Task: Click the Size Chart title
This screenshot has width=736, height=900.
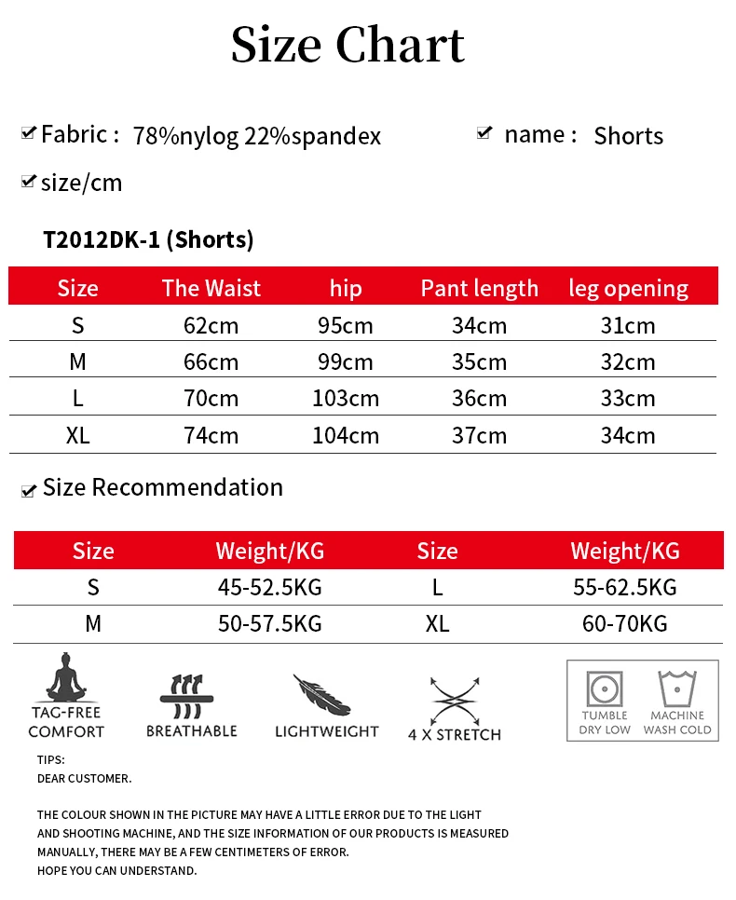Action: pos(348,45)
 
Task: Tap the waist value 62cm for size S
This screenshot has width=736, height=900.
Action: pos(211,326)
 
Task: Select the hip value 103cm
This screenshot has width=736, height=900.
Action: pos(345,399)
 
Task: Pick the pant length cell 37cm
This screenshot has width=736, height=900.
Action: pos(479,436)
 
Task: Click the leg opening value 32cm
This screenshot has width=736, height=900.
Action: pos(627,362)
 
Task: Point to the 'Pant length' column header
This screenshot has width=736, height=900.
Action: pos(479,289)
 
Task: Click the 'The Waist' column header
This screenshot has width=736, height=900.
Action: pos(211,289)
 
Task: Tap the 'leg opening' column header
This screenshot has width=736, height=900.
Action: pos(628,289)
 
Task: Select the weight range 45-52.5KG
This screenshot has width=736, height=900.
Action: pos(269,588)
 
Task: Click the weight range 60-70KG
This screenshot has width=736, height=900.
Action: pos(624,624)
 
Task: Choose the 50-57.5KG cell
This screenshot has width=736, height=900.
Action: pos(269,624)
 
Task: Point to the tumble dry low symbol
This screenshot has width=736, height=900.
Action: pos(605,689)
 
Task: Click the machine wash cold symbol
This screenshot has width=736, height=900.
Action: pos(677,689)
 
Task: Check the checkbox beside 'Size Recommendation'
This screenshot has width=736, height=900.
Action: pos(29,490)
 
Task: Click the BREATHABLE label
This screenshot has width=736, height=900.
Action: pos(191,731)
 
